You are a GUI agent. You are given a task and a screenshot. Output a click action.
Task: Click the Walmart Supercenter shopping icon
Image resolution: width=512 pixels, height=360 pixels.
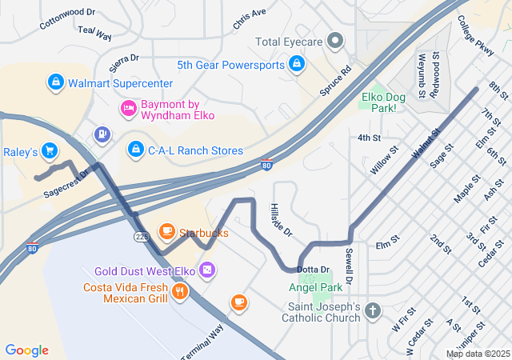[x=55, y=82]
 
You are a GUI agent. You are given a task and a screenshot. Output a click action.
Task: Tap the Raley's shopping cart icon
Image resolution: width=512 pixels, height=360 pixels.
[x=50, y=150]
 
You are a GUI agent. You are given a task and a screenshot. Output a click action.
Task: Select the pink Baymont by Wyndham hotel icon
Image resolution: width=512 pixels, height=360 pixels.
[x=127, y=108]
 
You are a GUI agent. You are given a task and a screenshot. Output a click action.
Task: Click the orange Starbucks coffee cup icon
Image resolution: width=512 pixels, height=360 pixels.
[x=166, y=232]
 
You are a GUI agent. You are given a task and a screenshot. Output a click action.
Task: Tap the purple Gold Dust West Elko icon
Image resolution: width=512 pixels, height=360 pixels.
[x=207, y=271]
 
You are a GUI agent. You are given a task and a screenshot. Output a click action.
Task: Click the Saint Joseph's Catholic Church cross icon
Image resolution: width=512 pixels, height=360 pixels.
[x=372, y=310]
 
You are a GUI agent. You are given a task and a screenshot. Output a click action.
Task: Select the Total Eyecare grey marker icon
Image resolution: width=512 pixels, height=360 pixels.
[x=337, y=41]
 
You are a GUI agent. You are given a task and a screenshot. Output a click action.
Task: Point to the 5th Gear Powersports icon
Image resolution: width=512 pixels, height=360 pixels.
[x=297, y=64]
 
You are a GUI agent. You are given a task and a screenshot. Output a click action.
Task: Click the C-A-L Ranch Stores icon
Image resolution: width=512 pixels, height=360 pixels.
[x=136, y=150]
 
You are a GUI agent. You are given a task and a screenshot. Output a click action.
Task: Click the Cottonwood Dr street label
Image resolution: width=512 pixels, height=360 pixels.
[x=67, y=18]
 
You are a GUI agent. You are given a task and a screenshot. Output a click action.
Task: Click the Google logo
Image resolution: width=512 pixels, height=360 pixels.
[x=26, y=350]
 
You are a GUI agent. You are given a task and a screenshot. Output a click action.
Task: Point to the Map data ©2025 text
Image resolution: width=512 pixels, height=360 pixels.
[x=477, y=354]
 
